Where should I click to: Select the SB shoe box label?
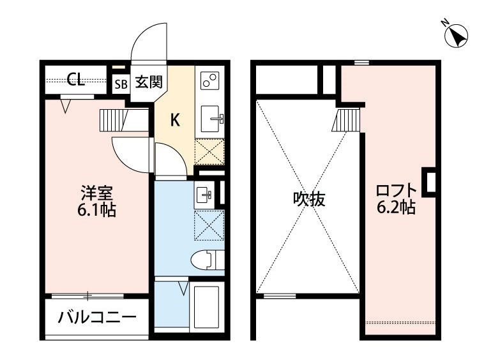point(121,83)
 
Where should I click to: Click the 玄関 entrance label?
point(147,82)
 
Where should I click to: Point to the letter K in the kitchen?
point(174,119)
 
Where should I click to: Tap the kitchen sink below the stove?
point(210,118)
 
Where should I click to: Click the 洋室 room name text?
point(97,192)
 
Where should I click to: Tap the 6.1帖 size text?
point(97,210)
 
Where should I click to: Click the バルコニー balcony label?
point(97,317)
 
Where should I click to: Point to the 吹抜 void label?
point(309,199)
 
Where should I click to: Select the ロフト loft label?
point(396,190)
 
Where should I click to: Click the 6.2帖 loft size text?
point(396,208)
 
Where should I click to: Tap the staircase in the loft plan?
point(349,119)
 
